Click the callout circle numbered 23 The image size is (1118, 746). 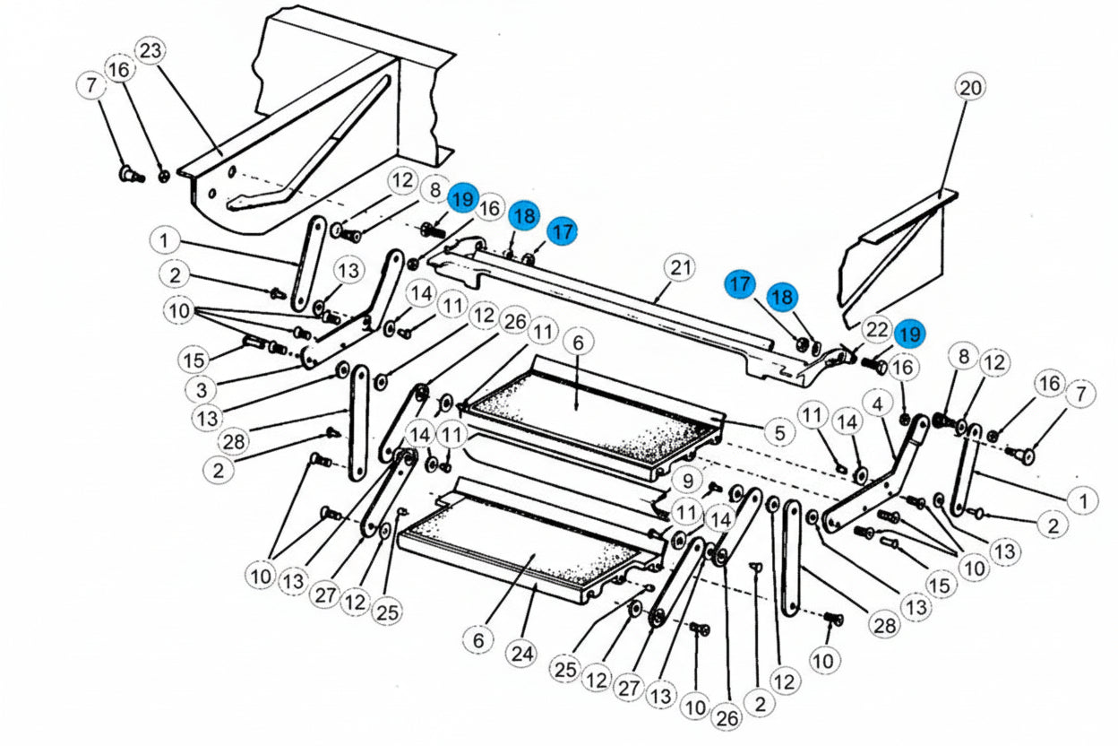pyautogui.click(x=150, y=52)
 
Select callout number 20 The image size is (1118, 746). pyautogui.click(x=970, y=88)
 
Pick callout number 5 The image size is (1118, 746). pyautogui.click(x=779, y=433)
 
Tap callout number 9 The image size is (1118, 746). pyautogui.click(x=687, y=481)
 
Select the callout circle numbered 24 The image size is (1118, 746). pyautogui.click(x=522, y=654)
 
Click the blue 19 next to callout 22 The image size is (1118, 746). pyautogui.click(x=909, y=334)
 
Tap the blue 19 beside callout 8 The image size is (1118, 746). pyautogui.click(x=462, y=199)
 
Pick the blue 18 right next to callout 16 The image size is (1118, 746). pyautogui.click(x=524, y=215)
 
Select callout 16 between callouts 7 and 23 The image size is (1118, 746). pyautogui.click(x=119, y=69)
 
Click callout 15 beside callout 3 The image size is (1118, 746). pyautogui.click(x=193, y=360)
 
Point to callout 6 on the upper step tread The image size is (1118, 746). pyautogui.click(x=578, y=343)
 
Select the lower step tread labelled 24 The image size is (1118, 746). pyautogui.click(x=520, y=547)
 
